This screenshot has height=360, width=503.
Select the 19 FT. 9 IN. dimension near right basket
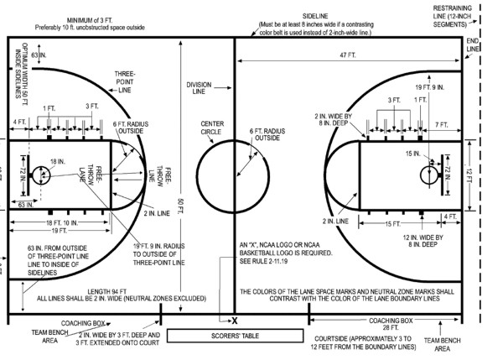[431, 86]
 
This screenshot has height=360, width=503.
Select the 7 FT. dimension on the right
[442, 124]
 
